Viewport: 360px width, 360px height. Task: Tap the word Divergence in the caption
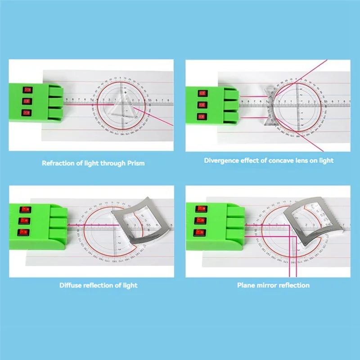click(223, 161)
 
